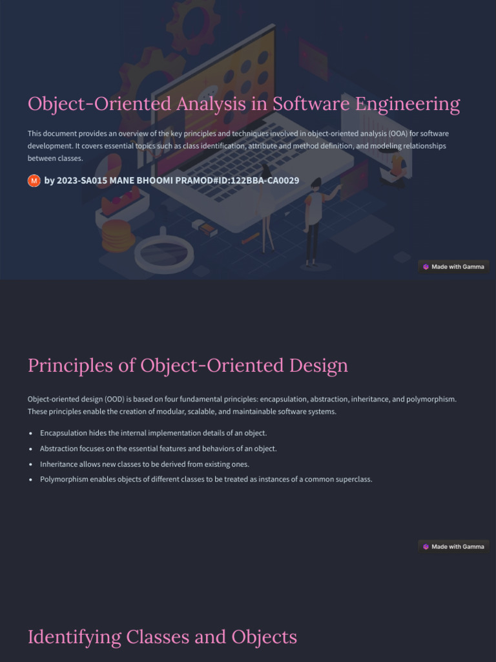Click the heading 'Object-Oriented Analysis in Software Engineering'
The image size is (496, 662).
coord(243,104)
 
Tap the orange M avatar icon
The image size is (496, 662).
coord(34,180)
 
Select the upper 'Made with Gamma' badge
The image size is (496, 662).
coord(453,266)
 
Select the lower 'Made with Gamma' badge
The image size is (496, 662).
coord(453,546)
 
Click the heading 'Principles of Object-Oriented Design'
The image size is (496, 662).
coord(187,366)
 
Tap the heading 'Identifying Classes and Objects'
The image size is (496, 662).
coord(162,637)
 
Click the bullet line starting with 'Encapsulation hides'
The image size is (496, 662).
coord(153,433)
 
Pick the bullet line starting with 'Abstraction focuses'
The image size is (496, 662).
coord(158,449)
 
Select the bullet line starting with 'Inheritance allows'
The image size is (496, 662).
coord(144,464)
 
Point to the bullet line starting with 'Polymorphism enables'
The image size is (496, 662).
coord(206,480)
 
